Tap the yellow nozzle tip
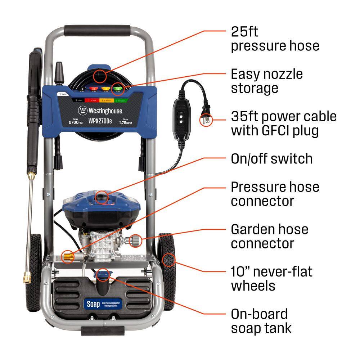105,88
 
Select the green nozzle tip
116,87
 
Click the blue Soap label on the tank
93,303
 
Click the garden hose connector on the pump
135,239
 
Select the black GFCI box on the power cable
181,117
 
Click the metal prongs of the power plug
204,121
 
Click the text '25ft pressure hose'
275,39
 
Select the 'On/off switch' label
271,159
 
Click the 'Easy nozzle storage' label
267,81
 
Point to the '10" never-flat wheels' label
271,279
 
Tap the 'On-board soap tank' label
261,321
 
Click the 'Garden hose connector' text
270,236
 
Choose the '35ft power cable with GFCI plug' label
284,123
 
